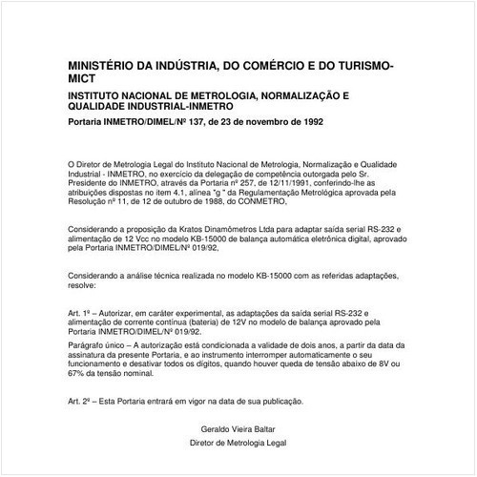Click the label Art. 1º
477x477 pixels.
(x=81, y=311)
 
